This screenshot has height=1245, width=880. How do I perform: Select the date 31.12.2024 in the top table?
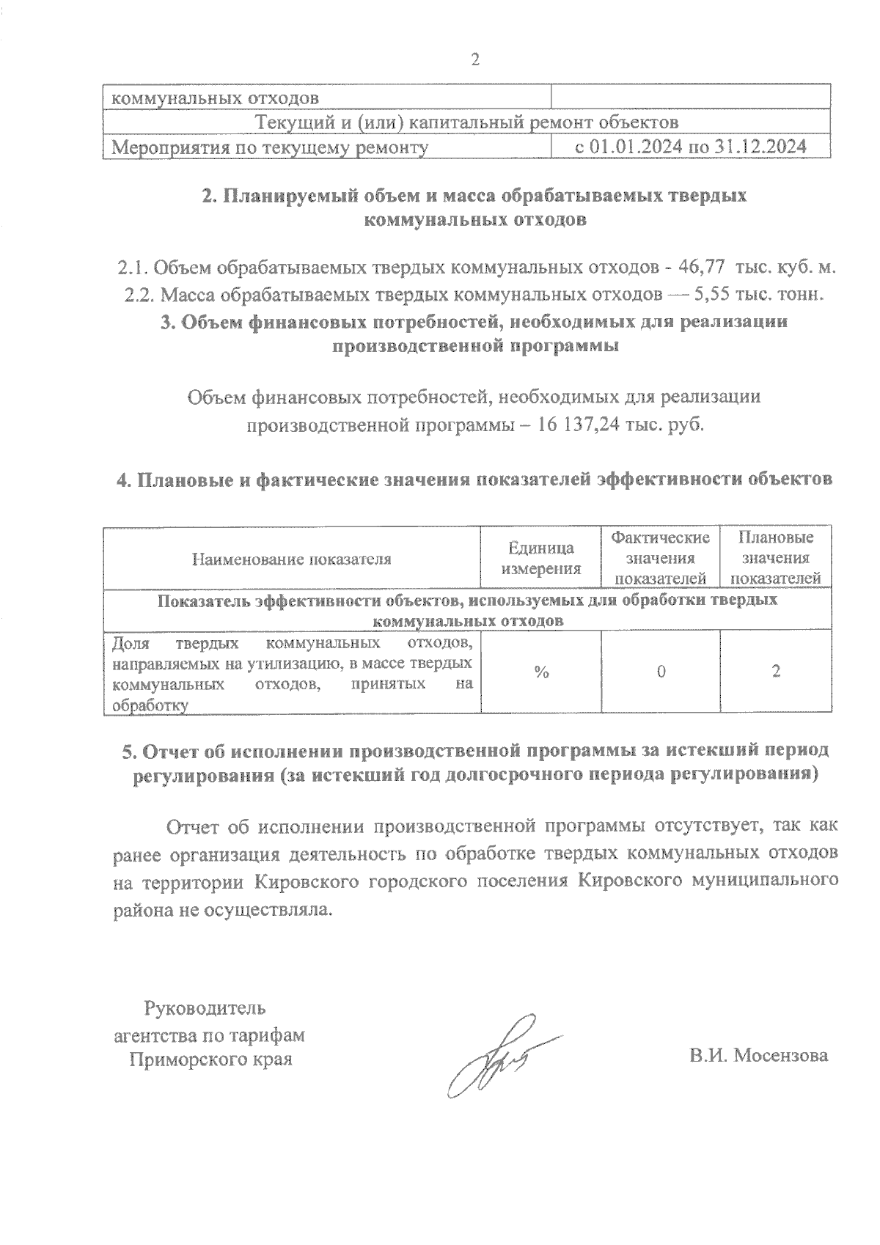pos(760,147)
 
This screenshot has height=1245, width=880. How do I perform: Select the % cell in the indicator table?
pos(541,672)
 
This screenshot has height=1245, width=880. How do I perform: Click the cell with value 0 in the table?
pos(661,672)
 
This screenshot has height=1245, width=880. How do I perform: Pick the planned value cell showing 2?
pos(776,672)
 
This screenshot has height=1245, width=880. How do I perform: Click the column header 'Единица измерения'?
pos(541,558)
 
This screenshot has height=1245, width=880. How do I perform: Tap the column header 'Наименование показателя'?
pos(291,559)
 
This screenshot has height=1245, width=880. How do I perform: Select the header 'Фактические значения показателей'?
pos(661,558)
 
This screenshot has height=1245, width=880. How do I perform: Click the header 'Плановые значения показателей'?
pos(776,558)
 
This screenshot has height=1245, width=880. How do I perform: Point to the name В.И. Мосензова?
pos(758,1056)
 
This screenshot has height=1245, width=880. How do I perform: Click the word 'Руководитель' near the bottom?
pos(207,1008)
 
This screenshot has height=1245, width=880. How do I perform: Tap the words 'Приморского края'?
pos(210,1059)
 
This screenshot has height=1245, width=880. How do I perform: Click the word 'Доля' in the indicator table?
pos(131,644)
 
